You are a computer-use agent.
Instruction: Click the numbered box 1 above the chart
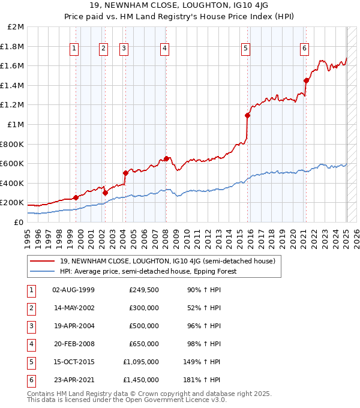point(74,49)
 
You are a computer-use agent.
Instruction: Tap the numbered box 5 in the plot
point(246,49)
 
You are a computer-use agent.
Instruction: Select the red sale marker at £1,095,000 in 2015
point(247,115)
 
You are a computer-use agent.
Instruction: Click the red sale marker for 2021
point(307,80)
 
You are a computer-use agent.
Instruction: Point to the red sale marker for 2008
point(166,158)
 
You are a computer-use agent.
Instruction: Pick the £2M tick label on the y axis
point(16,27)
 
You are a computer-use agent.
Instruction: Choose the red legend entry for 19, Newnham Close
point(167,261)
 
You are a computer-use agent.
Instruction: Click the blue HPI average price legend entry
point(148,271)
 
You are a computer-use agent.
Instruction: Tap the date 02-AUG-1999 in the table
point(74,290)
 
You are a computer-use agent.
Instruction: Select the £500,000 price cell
point(143,326)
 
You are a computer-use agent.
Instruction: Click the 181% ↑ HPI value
point(204,380)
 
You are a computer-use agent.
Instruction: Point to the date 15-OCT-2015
point(74,362)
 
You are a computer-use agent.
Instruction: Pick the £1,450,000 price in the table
point(141,380)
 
